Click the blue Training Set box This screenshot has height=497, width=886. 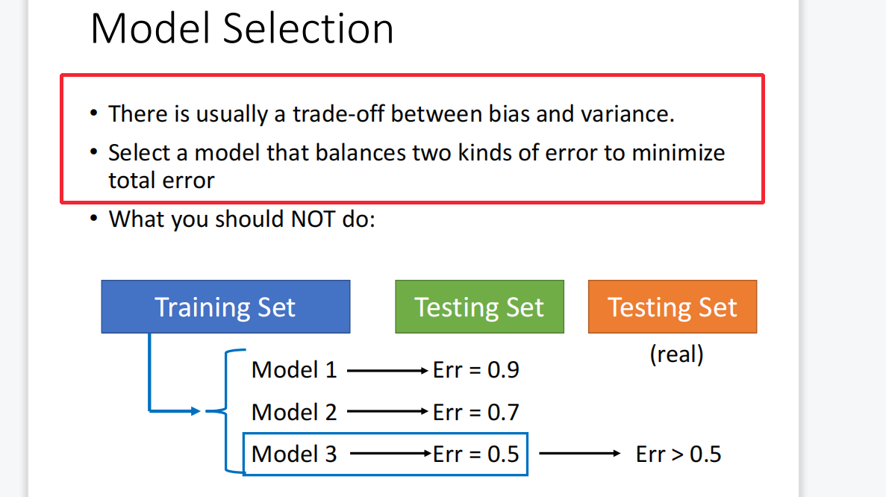pyautogui.click(x=225, y=307)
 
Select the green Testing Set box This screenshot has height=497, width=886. pyautogui.click(x=479, y=307)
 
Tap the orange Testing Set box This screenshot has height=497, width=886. pyautogui.click(x=673, y=307)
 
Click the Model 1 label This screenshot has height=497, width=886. pyautogui.click(x=294, y=370)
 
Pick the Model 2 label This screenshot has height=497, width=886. pyautogui.click(x=294, y=412)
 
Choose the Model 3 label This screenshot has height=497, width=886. pyautogui.click(x=294, y=454)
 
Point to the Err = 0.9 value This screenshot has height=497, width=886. pyautogui.click(x=475, y=370)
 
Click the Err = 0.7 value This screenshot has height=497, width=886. pyautogui.click(x=475, y=412)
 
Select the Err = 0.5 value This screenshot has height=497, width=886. pyautogui.click(x=475, y=454)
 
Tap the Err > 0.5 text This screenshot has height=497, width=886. pyautogui.click(x=678, y=454)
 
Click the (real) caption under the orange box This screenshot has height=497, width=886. pyautogui.click(x=676, y=354)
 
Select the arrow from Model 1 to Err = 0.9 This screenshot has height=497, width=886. pyautogui.click(x=387, y=371)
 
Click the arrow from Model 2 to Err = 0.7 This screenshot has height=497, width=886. pyautogui.click(x=387, y=412)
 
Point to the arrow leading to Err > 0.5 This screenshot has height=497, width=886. pyautogui.click(x=580, y=453)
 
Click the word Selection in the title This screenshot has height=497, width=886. pyautogui.click(x=308, y=28)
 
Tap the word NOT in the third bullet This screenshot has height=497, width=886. pyautogui.click(x=313, y=219)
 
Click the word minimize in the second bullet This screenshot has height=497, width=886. pyautogui.click(x=678, y=152)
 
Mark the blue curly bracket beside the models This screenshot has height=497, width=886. pyautogui.click(x=226, y=411)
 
